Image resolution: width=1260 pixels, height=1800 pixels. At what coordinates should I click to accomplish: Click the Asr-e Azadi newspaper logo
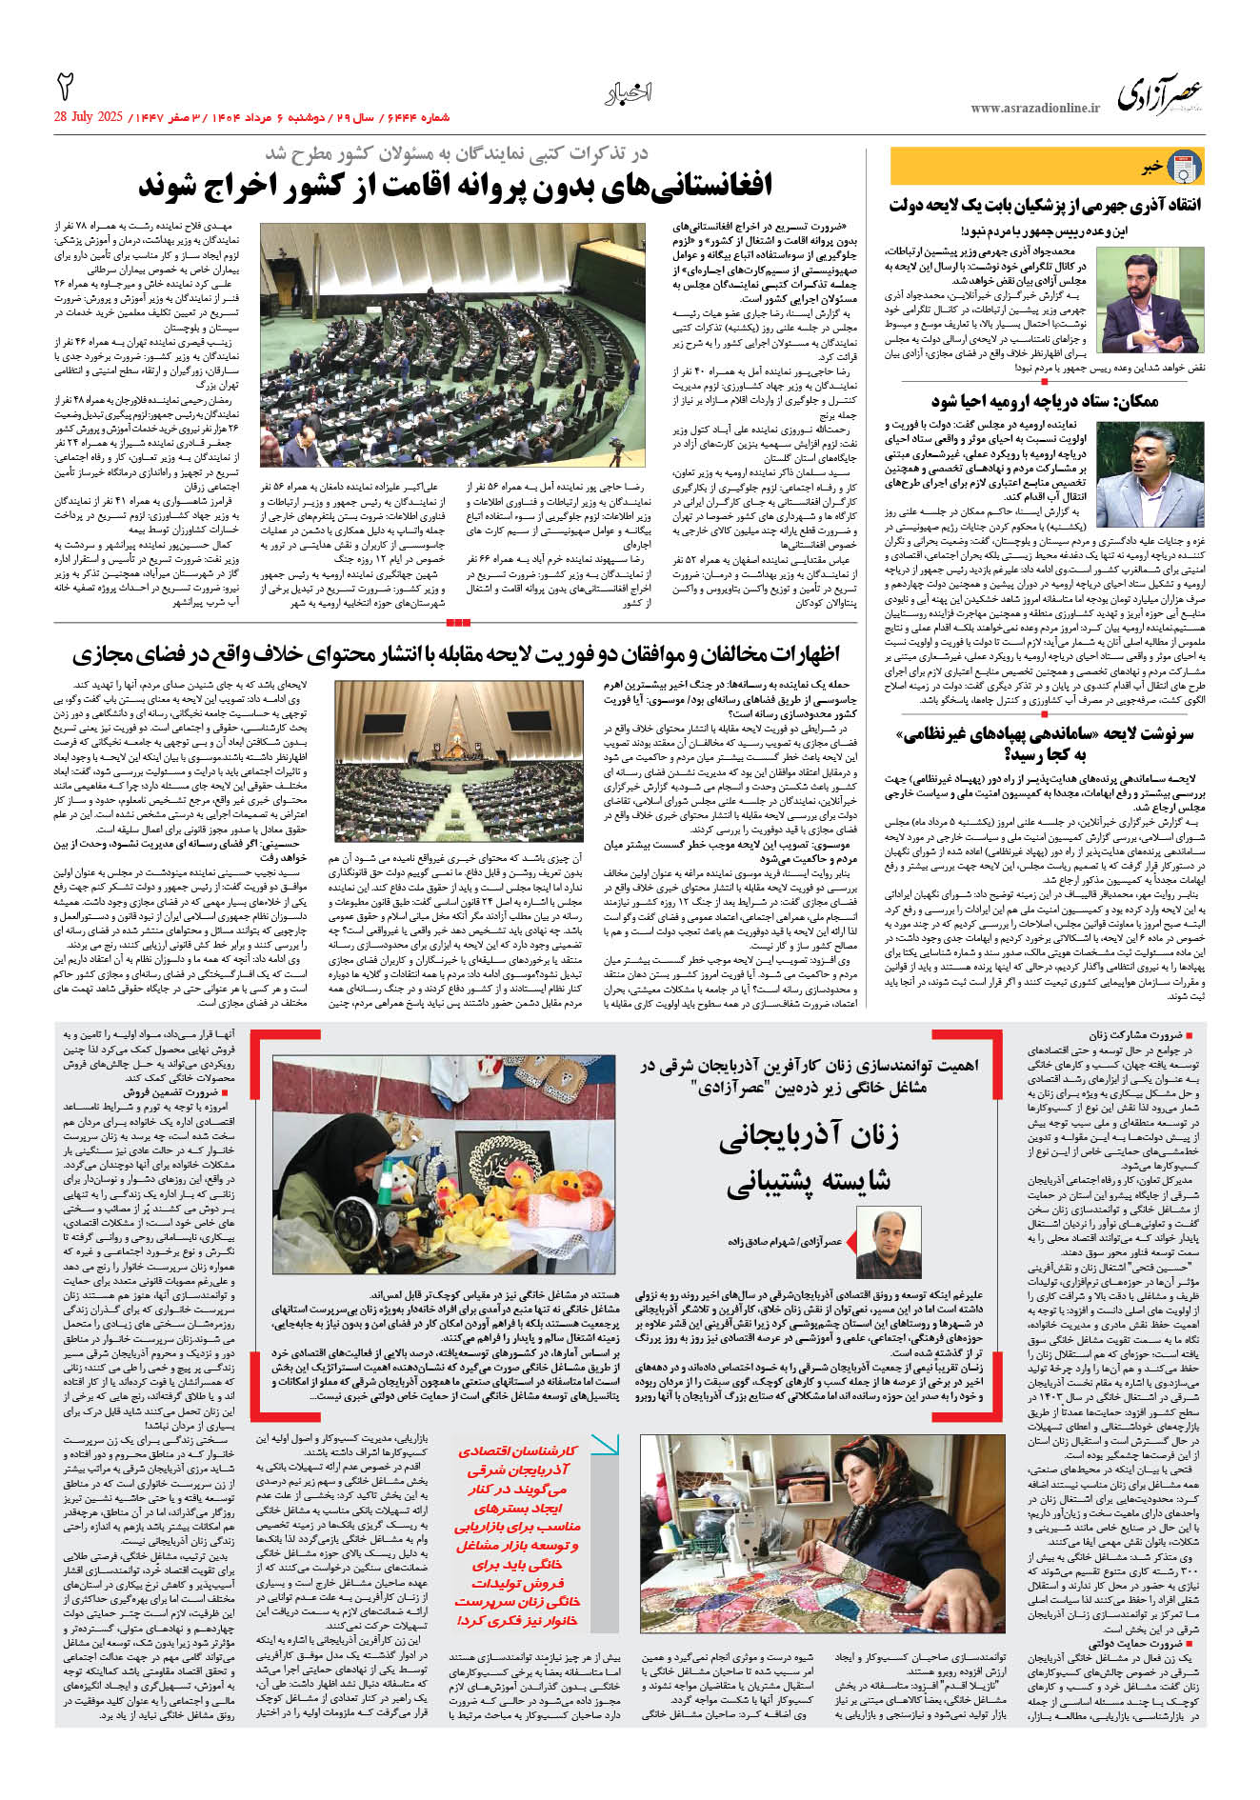tap(1159, 94)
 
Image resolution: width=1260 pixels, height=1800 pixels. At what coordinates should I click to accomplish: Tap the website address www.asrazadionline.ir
tap(1034, 109)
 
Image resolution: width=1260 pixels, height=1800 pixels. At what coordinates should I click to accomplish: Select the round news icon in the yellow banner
tap(1184, 167)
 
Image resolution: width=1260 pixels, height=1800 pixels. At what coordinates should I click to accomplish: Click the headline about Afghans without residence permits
tap(455, 185)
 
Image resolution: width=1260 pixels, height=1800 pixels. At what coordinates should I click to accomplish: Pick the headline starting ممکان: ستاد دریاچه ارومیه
tap(1045, 402)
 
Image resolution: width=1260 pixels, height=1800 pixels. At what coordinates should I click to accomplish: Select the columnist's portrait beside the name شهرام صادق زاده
tap(889, 1242)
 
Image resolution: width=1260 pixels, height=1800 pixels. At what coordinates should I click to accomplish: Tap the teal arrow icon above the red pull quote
tap(603, 1445)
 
